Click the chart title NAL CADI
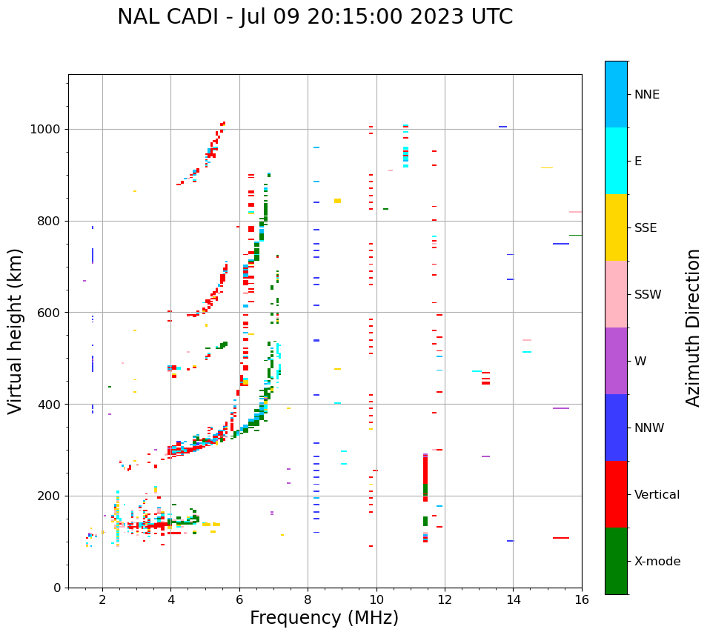point(315,17)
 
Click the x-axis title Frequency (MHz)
point(324,618)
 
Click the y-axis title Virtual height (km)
point(16,330)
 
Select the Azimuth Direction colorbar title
point(693,328)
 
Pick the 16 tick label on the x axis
point(582,599)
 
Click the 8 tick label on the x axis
point(308,599)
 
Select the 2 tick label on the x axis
point(102,599)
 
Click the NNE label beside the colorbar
point(646,94)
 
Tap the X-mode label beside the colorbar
point(657,561)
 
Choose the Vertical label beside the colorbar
point(657,494)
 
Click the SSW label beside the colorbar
point(648,294)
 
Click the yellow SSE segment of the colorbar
point(616,227)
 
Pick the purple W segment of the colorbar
point(616,361)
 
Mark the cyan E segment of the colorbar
point(616,161)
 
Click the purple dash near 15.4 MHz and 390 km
point(560,408)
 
